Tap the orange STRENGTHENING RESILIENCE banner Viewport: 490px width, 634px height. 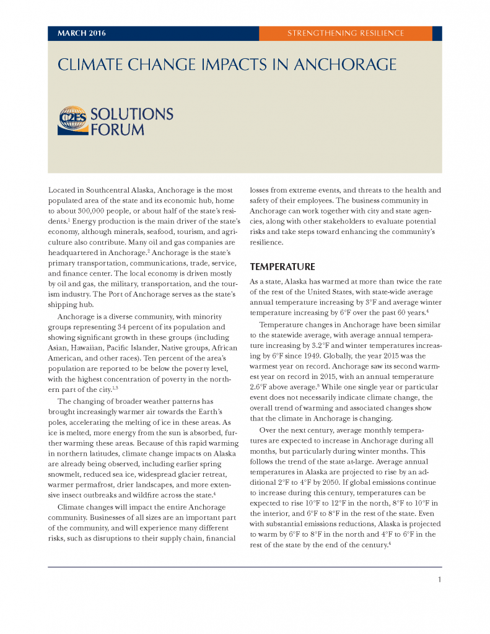point(345,33)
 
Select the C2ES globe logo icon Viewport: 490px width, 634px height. point(73,121)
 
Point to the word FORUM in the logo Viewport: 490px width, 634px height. point(117,129)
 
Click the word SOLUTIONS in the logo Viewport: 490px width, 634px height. point(132,114)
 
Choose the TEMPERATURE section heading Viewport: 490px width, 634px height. point(282,267)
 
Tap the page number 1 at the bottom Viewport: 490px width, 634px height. point(439,580)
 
